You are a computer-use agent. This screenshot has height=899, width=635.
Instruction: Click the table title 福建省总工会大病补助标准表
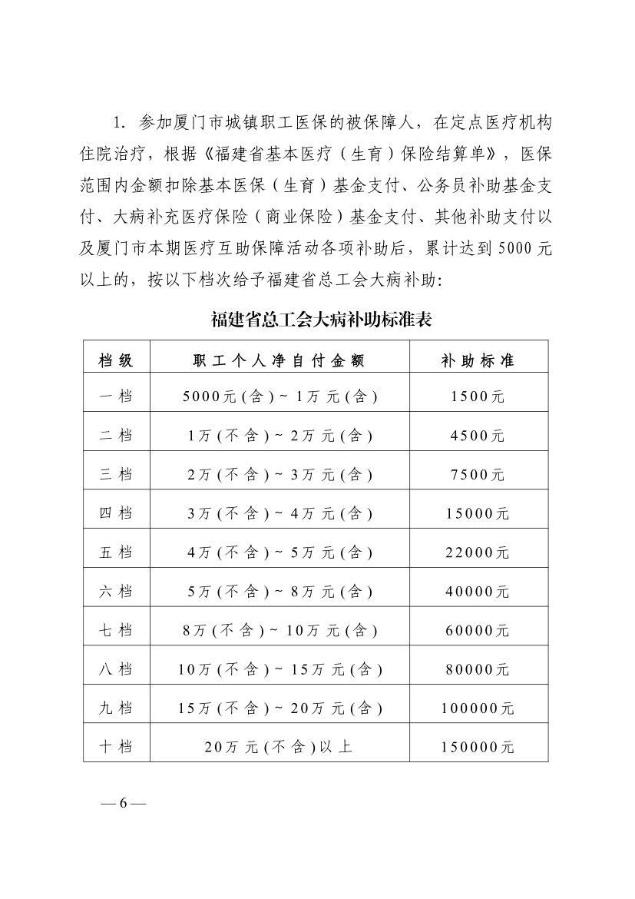click(321, 319)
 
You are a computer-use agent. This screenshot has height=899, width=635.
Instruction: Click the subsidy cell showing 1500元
click(477, 396)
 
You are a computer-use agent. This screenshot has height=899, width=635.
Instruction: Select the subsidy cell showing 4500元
click(477, 436)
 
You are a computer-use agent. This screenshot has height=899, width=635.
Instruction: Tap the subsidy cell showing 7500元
click(477, 474)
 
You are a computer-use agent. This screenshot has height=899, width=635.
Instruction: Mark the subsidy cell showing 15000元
click(477, 513)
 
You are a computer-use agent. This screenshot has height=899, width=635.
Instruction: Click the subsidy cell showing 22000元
click(477, 552)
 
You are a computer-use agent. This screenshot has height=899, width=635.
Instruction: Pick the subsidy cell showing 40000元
click(477, 591)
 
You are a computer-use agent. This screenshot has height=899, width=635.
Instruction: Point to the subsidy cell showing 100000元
click(477, 708)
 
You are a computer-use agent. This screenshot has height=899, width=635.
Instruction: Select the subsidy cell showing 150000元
click(477, 746)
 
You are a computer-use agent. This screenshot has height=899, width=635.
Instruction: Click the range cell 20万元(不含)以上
click(279, 746)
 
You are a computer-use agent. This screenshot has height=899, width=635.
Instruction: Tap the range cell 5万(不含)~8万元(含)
click(279, 591)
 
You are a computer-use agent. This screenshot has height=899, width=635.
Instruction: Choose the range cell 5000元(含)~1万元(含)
click(279, 396)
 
